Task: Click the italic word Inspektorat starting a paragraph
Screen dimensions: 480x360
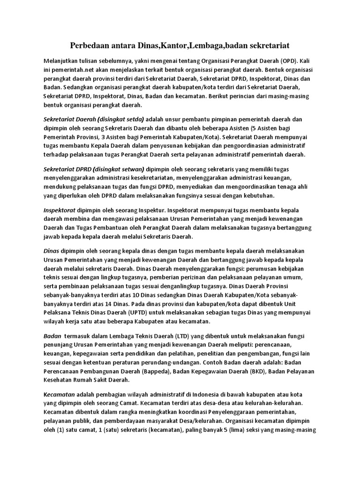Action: (x=60, y=210)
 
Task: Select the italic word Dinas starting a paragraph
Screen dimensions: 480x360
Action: (x=51, y=251)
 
